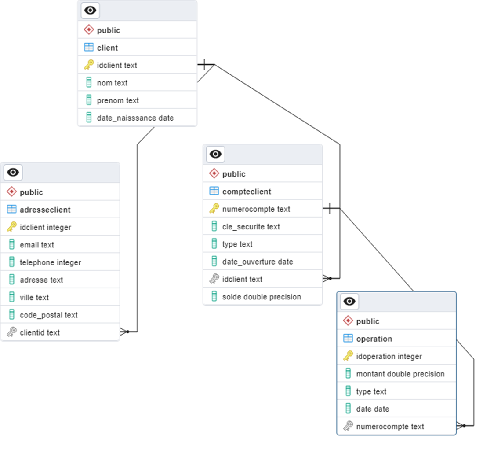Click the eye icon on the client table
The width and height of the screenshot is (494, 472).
tap(90, 11)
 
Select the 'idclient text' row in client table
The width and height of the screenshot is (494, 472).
tap(117, 65)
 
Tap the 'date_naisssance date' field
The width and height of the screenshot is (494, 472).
tap(135, 118)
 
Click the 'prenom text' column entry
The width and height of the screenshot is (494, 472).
tap(118, 100)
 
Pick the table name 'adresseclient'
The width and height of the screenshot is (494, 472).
tap(45, 210)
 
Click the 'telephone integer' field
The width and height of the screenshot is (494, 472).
tap(50, 262)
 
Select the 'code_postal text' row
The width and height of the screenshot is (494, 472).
tap(48, 315)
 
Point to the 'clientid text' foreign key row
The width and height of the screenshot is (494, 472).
tap(40, 332)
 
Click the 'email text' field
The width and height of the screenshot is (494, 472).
tap(37, 245)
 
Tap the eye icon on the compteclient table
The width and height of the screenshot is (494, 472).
tap(215, 154)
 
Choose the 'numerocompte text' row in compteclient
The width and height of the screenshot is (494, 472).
tap(256, 209)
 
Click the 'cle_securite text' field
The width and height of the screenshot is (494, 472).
tap(251, 227)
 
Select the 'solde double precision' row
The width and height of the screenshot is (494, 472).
tap(262, 297)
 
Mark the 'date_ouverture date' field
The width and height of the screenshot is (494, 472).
tap(258, 262)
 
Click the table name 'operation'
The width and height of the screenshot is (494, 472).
tap(374, 339)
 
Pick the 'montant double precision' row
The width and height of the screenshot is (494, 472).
tap(400, 374)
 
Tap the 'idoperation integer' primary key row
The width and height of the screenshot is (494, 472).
tap(389, 356)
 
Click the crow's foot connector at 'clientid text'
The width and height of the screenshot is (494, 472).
tap(124, 332)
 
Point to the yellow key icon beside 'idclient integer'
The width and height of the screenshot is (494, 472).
tap(12, 227)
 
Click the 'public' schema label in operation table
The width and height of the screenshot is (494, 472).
tap(367, 321)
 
